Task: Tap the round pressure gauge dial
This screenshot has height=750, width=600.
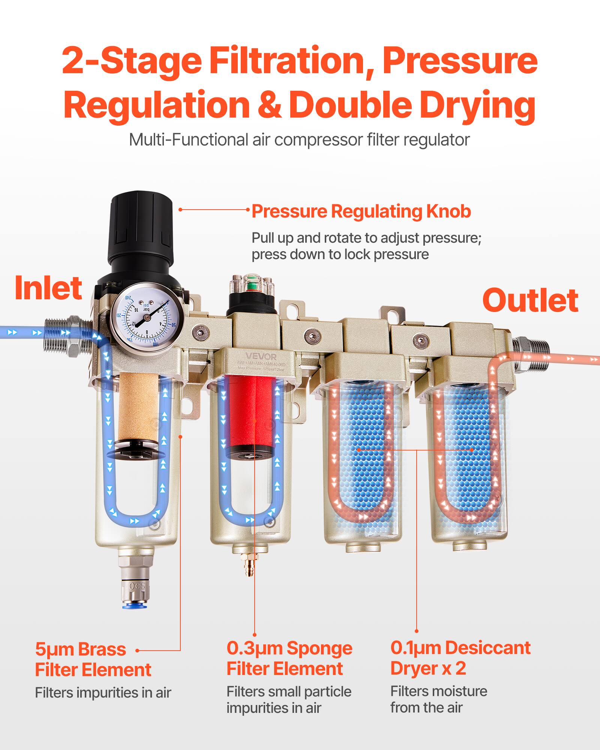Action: (x=147, y=318)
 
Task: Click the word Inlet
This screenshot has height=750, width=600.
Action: (x=48, y=288)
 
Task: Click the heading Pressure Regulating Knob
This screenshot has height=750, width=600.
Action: (x=361, y=211)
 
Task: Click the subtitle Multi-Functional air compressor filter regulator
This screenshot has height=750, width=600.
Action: (x=299, y=140)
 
